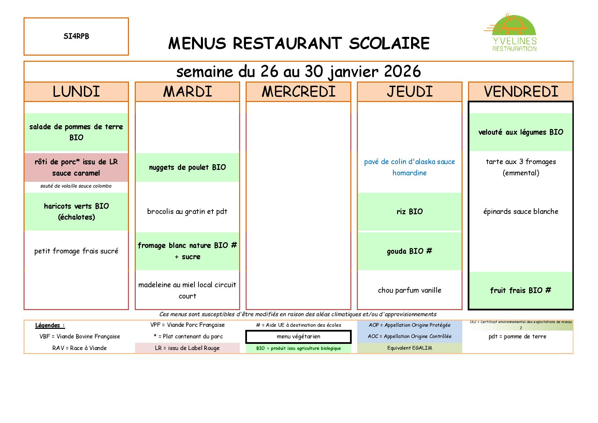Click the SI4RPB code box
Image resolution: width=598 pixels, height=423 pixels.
click(x=76, y=37)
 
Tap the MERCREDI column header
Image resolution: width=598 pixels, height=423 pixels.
click(x=298, y=91)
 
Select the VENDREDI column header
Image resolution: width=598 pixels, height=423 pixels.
click(x=521, y=91)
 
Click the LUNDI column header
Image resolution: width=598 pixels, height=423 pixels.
click(x=76, y=91)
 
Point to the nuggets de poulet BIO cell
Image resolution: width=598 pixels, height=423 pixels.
click(x=187, y=167)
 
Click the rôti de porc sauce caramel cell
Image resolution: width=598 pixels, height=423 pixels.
click(x=76, y=167)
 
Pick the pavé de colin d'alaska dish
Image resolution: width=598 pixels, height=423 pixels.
click(x=409, y=167)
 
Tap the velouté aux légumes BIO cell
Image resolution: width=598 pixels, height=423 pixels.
click(x=521, y=132)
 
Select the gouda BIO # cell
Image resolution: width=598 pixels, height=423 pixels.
click(x=409, y=251)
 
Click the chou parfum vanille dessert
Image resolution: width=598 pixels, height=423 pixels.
click(x=409, y=290)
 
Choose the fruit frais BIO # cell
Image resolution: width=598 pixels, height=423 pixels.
click(x=521, y=290)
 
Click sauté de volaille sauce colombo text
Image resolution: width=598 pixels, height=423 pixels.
click(x=76, y=186)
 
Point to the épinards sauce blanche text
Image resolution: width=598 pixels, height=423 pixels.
click(x=521, y=211)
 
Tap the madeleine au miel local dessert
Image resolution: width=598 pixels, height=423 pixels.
click(x=187, y=290)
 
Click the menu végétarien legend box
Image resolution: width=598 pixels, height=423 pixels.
click(x=298, y=337)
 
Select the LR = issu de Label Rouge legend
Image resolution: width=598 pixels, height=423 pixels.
click(x=187, y=348)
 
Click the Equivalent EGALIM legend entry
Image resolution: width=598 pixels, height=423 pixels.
click(x=409, y=348)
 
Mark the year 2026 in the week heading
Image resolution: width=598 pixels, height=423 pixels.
click(x=402, y=72)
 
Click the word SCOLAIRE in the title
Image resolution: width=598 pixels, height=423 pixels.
click(x=389, y=44)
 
